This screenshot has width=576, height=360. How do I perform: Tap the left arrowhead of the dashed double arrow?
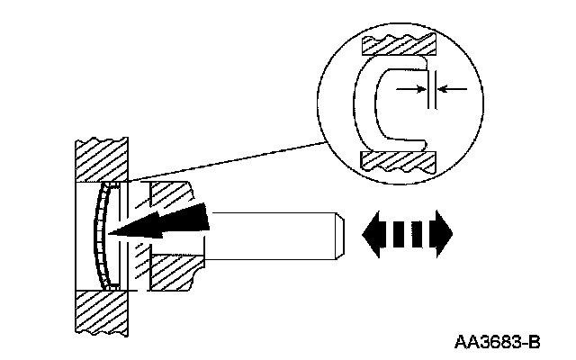coord(370,232)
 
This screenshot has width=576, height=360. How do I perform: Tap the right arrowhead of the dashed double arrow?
coord(443,232)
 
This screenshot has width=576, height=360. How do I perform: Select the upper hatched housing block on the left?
coord(100,157)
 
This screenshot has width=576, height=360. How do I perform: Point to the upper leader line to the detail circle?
coord(225,162)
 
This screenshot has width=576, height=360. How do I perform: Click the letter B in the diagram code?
coord(534,341)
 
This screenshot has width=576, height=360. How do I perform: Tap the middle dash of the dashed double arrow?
coord(406,232)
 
